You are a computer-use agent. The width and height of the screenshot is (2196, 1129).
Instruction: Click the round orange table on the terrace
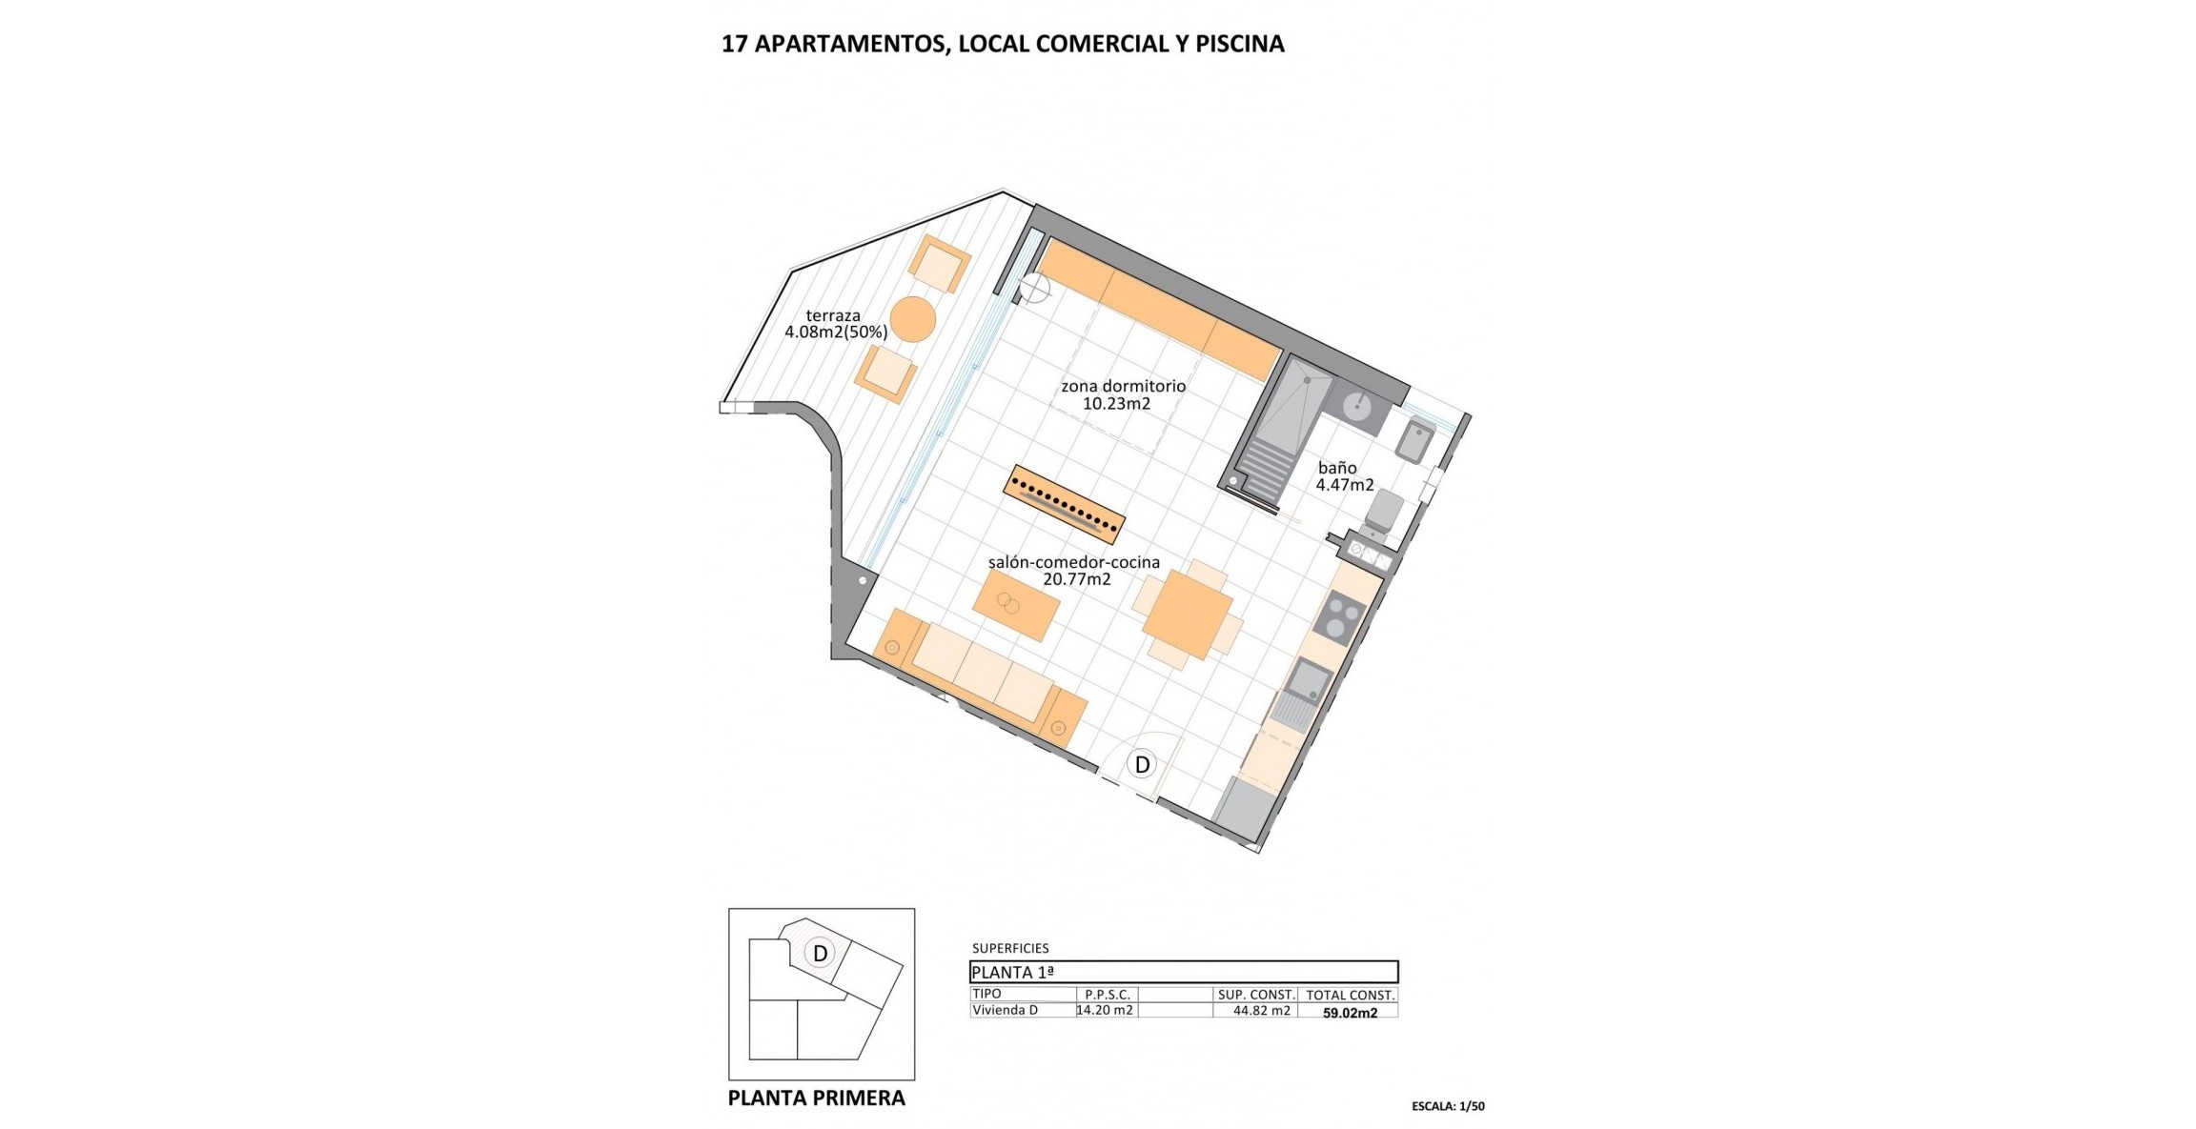point(912,319)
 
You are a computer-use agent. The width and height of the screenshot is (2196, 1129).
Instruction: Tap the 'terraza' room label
point(833,316)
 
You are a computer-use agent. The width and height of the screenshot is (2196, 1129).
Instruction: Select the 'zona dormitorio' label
point(1123,387)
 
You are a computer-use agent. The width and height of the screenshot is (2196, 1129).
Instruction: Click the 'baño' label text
point(1337,468)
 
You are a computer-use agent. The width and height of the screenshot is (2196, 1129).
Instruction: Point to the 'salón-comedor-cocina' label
point(1073,562)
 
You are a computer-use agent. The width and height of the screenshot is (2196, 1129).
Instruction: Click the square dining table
point(1187,615)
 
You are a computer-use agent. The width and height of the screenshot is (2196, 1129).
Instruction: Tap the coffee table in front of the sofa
point(1016,605)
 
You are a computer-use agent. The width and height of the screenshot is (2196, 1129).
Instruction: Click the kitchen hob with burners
point(1340,616)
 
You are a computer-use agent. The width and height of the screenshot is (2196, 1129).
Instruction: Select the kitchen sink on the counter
point(1308,679)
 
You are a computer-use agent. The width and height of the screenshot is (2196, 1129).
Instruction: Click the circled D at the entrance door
point(1141,764)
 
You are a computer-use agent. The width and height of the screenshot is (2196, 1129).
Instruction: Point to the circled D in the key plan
point(819,953)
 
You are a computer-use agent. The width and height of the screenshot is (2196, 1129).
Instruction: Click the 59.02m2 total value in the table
point(1350,1013)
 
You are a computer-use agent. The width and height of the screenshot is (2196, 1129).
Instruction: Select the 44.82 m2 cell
point(1262,1011)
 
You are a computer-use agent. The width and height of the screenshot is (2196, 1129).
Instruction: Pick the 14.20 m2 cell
point(1106,1010)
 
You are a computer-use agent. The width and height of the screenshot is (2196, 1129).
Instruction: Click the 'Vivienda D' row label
point(1005,1010)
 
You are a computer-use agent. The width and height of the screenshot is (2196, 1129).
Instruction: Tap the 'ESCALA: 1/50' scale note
point(1448,1106)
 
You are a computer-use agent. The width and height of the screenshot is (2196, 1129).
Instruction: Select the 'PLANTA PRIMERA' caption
point(816,1098)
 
